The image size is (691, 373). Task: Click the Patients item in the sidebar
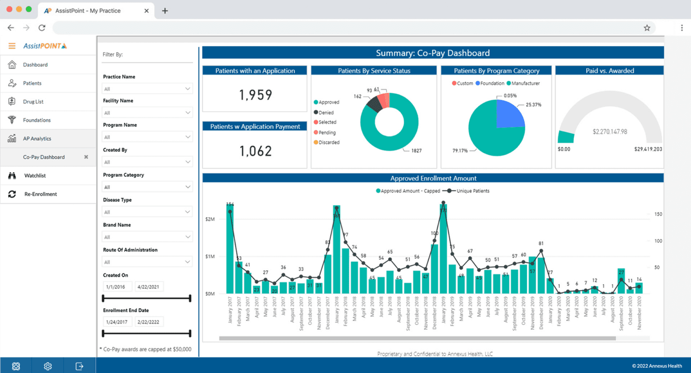(32, 83)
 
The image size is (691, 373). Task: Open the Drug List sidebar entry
(33, 102)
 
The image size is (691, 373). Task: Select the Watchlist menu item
(35, 176)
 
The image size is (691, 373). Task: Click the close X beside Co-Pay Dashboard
(86, 157)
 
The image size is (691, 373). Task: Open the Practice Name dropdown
(147, 89)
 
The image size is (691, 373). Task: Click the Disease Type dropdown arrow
(188, 212)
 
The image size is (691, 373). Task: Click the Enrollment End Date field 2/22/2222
(148, 322)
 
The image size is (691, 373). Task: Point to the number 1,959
(255, 95)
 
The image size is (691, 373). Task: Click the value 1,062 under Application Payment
(255, 151)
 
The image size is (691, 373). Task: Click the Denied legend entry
(326, 113)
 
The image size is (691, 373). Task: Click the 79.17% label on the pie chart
(460, 151)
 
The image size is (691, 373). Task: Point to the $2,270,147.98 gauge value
(610, 132)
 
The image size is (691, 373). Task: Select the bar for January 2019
(444, 252)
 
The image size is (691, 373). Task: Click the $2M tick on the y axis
(210, 219)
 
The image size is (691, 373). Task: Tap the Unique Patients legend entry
(472, 191)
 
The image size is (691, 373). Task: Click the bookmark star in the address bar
(647, 28)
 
